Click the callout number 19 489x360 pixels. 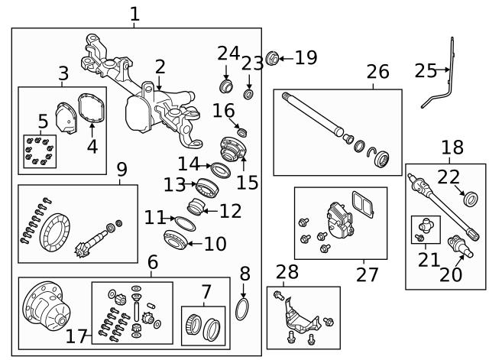(305, 57)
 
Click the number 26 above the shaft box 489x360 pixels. (377, 73)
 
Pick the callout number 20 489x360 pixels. (451, 273)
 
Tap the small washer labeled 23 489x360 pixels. (248, 94)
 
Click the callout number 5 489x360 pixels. (43, 121)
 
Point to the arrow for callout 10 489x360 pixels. (192, 245)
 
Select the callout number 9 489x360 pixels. (121, 169)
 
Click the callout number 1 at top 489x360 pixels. (134, 14)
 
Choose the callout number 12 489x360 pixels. (230, 210)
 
